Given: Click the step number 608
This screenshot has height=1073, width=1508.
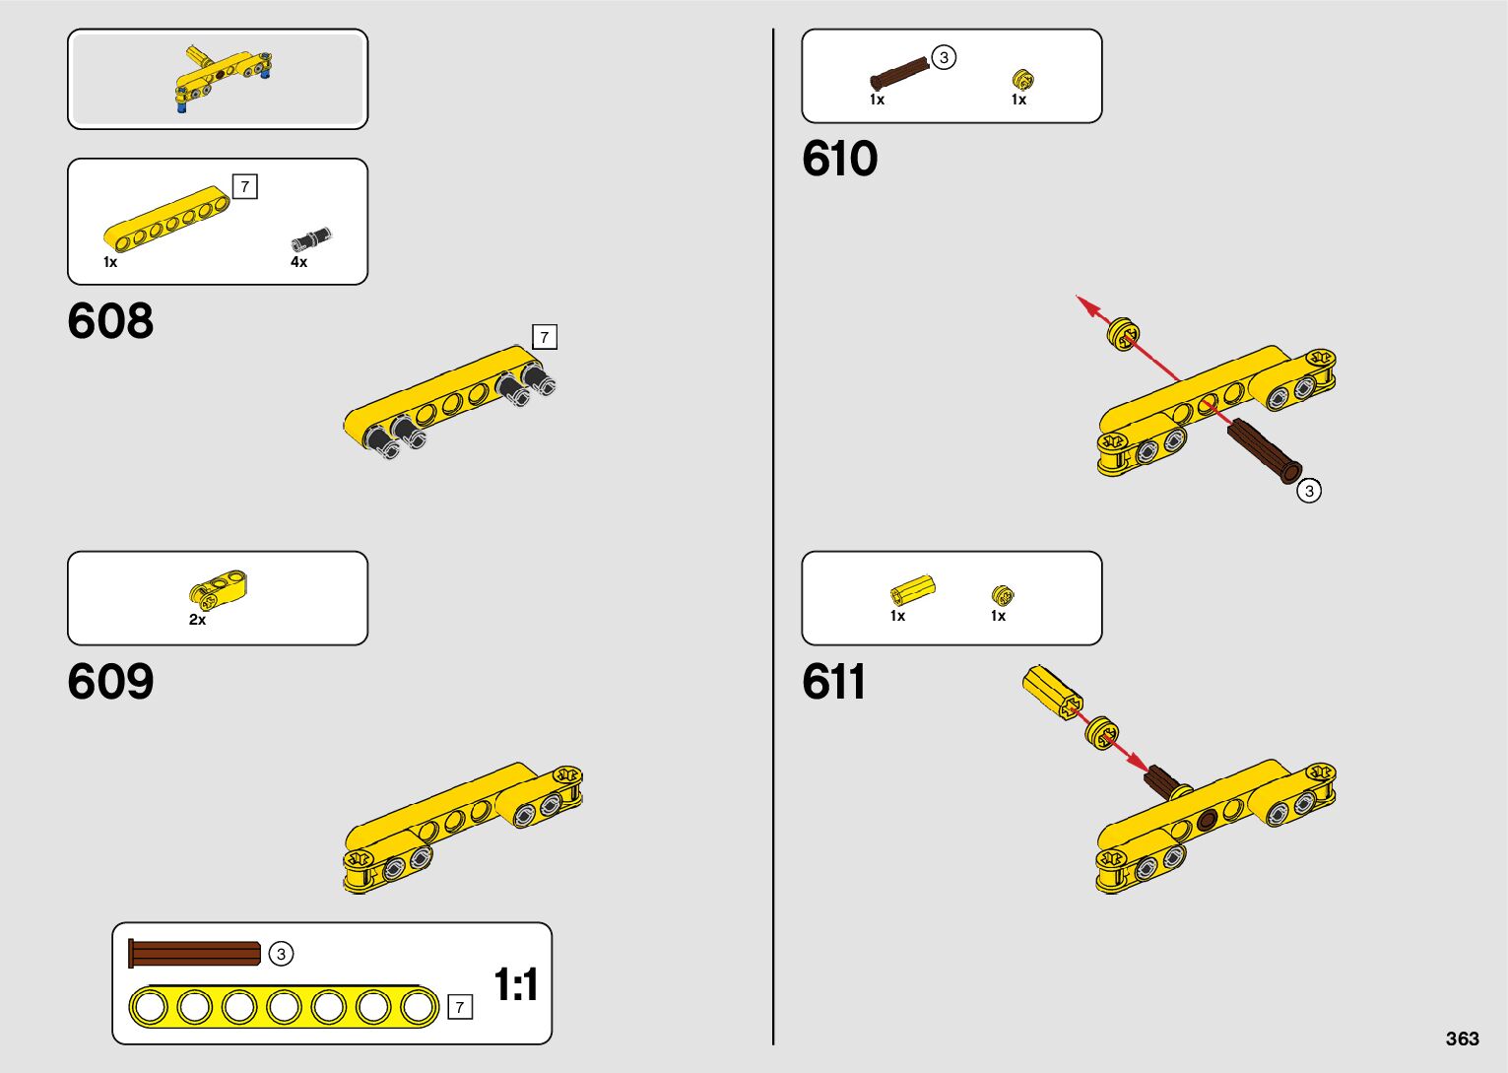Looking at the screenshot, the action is pos(110,321).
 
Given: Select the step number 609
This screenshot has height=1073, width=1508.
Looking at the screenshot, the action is pos(110,682).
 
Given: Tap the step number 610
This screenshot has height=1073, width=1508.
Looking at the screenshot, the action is pos(839,159).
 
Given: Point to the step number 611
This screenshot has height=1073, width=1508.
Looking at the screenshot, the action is pos(833,682).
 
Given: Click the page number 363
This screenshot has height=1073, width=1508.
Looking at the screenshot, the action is pos(1462,1039).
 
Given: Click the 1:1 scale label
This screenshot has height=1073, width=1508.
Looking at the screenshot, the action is pos(515,984).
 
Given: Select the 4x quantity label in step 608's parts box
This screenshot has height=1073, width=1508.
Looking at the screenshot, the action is pos(298,262).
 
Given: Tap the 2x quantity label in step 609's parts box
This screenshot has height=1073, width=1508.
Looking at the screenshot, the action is pos(197,620).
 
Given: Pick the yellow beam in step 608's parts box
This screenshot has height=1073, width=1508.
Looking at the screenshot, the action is pos(165,218).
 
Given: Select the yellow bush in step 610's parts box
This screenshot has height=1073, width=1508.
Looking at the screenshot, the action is pos(1022,79).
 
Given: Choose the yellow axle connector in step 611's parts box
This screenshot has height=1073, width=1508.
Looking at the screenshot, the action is pos(912,589).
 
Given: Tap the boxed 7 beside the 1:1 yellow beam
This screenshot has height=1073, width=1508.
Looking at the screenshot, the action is pos(459,1007).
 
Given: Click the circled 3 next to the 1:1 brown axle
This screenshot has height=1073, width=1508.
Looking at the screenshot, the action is pos(281,954).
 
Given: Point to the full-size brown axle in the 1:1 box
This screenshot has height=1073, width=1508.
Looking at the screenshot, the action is pos(195,954).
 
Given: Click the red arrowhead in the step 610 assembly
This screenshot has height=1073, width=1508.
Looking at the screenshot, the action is pos(1088,305).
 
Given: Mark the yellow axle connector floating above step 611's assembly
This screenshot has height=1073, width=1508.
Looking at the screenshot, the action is pos(1052,690).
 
